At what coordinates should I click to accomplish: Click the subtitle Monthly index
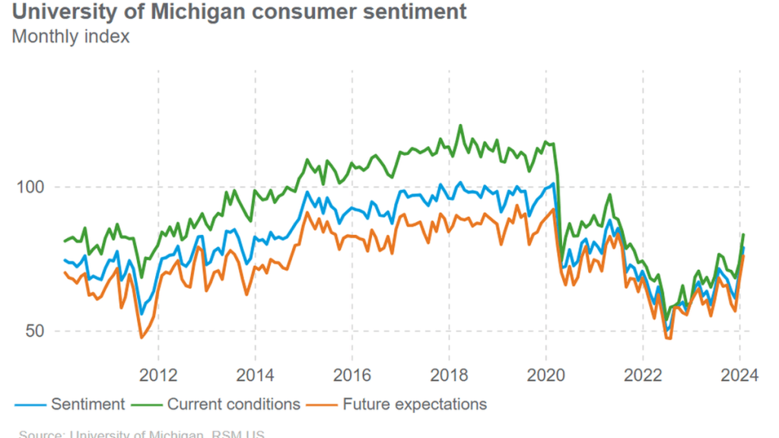(x=71, y=36)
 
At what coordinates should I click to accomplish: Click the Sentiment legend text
(x=87, y=404)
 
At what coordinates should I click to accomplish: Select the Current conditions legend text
(x=234, y=404)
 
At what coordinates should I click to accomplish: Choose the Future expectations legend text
(x=415, y=404)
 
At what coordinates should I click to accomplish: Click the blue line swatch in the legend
(x=29, y=404)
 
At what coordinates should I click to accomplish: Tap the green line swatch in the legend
(x=145, y=404)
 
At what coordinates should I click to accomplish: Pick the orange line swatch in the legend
(x=321, y=404)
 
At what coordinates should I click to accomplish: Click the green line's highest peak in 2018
(x=460, y=125)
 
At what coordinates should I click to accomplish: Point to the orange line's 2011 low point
(x=141, y=338)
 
